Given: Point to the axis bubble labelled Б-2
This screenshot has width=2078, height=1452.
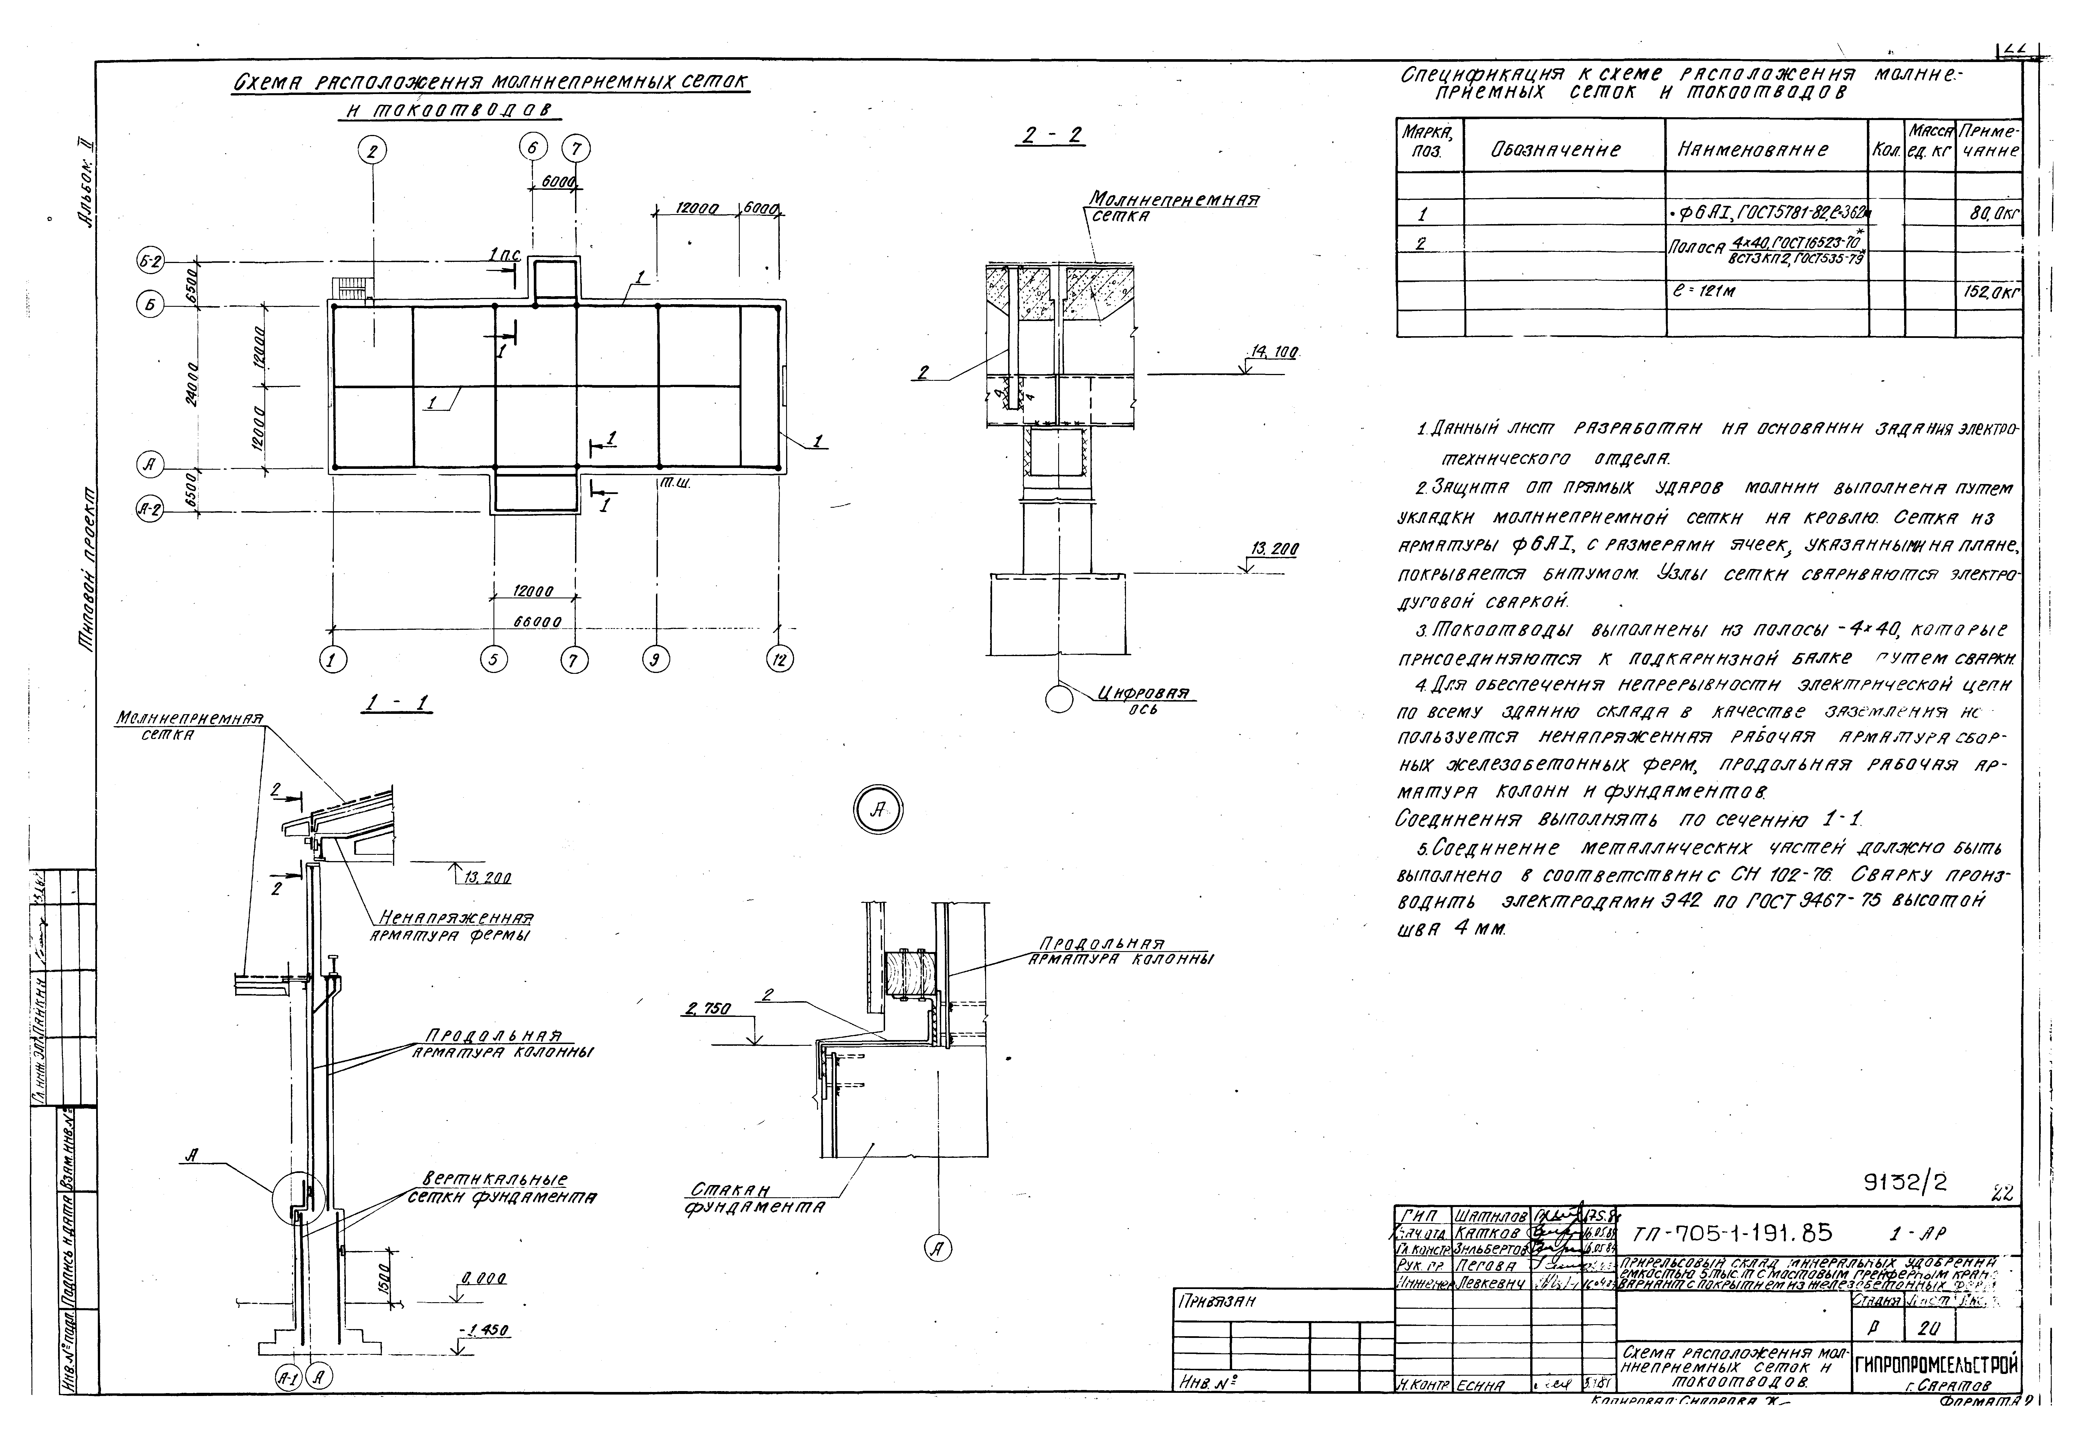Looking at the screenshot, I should [150, 262].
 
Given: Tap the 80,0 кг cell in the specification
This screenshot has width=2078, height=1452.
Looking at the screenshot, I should [1991, 214].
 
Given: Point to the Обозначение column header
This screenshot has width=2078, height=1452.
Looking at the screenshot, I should [1555, 150].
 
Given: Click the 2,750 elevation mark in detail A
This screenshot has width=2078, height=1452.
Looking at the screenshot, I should [709, 1010].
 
